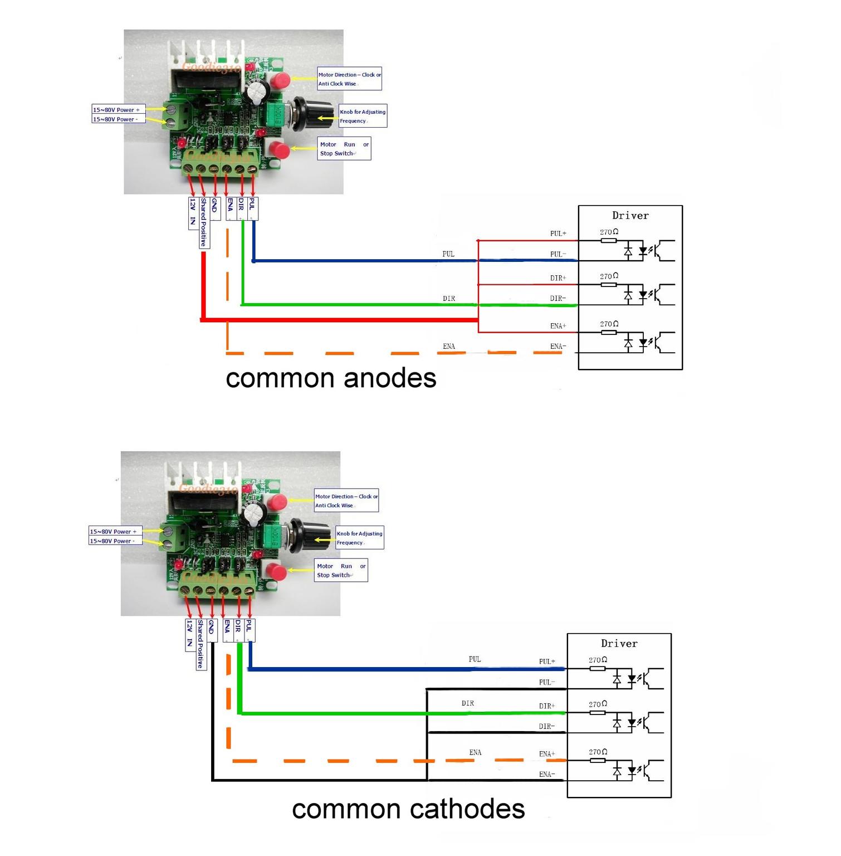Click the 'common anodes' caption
pyautogui.click(x=331, y=378)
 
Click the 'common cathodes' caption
pyautogui.click(x=408, y=809)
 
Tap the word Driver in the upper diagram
pyautogui.click(x=630, y=216)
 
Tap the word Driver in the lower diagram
pyautogui.click(x=619, y=644)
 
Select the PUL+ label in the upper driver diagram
pyautogui.click(x=558, y=234)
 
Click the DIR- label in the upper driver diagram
pyautogui.click(x=558, y=299)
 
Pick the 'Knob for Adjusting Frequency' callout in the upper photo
pyautogui.click(x=363, y=116)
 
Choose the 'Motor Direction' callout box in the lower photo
pyautogui.click(x=346, y=500)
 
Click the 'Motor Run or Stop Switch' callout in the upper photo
pyautogui.click(x=344, y=149)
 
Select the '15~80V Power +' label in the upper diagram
pyautogui.click(x=116, y=110)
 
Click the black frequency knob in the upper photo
pyautogui.click(x=304, y=114)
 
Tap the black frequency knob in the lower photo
pyautogui.click(x=301, y=535)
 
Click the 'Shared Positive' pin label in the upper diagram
pyautogui.click(x=204, y=222)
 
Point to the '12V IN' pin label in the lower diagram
pyautogui.click(x=189, y=634)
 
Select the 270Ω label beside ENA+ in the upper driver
pyautogui.click(x=609, y=324)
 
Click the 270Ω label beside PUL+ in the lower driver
pyautogui.click(x=598, y=660)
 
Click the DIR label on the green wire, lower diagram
pyautogui.click(x=468, y=703)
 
